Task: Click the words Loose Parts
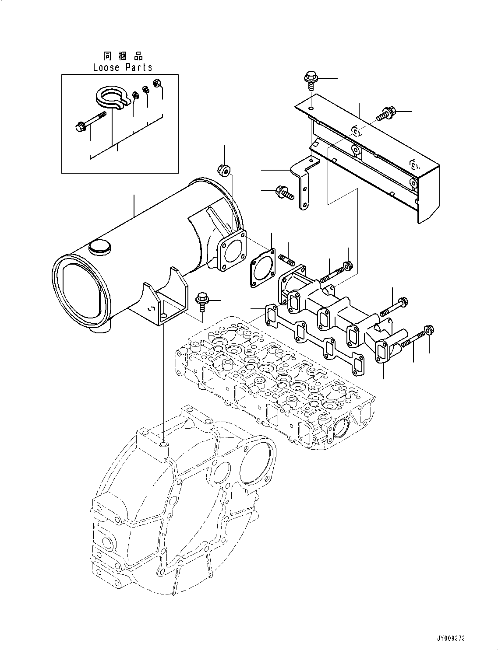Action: click(123, 67)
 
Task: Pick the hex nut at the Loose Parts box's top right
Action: click(156, 82)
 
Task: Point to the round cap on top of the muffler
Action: click(97, 247)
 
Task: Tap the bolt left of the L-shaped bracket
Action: click(282, 192)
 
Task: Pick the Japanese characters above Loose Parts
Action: click(123, 56)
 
